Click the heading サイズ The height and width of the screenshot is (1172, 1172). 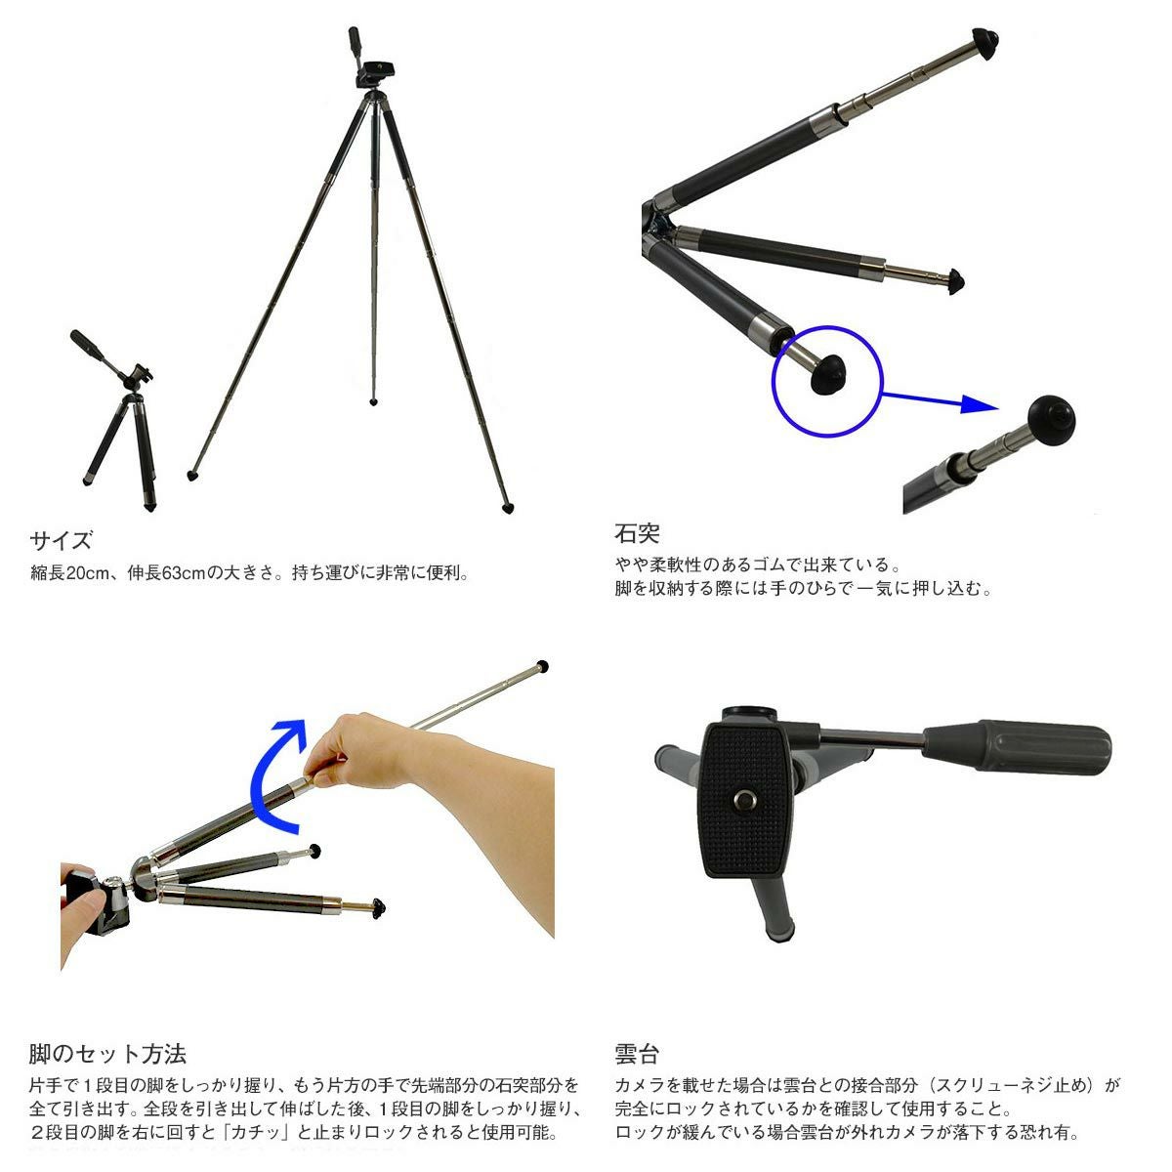click(61, 540)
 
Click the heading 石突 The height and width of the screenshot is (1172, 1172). click(637, 533)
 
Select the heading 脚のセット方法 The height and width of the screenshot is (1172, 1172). click(107, 1054)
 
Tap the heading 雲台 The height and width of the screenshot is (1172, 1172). click(637, 1054)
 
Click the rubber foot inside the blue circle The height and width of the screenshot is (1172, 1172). click(828, 375)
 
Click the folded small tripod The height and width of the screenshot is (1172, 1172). click(118, 420)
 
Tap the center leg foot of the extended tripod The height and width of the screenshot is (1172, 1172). click(373, 402)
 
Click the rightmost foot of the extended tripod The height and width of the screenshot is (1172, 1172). click(509, 509)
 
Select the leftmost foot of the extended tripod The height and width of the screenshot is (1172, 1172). click(192, 475)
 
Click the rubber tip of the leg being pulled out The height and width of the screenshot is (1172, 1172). click(542, 666)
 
